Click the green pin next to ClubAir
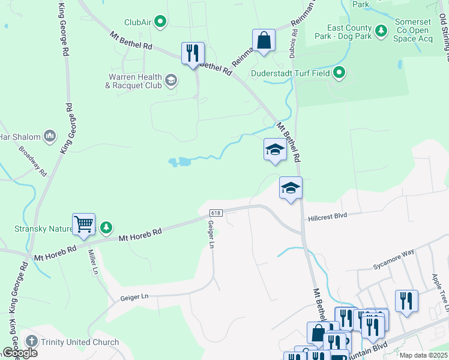160,23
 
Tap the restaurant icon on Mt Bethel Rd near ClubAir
193,53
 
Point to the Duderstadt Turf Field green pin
339,73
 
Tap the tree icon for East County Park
381,30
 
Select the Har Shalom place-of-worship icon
49,137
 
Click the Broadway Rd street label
32,161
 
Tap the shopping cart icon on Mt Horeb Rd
84,224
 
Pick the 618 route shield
216,214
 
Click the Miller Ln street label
93,262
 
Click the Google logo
20,353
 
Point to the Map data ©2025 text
423,355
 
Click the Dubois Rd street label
294,44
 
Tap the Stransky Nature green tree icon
106,227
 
